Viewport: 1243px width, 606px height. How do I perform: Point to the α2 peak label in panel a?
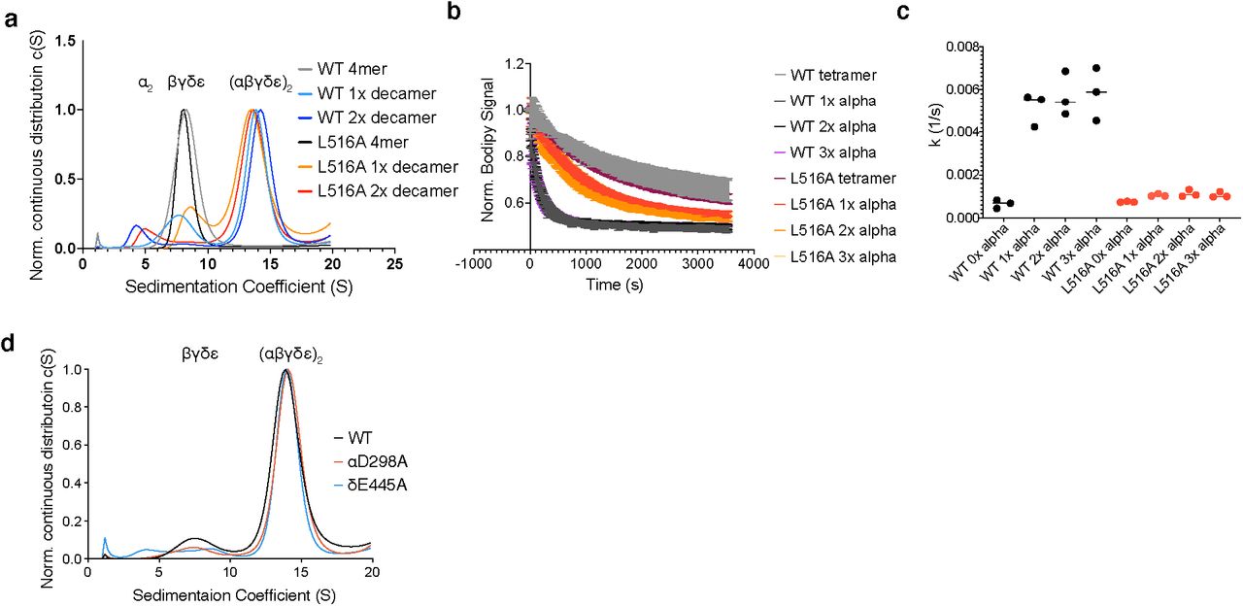pyautogui.click(x=143, y=84)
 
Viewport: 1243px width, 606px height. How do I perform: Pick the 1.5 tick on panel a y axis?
pyautogui.click(x=65, y=41)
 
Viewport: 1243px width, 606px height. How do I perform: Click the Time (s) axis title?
pyautogui.click(x=613, y=285)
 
